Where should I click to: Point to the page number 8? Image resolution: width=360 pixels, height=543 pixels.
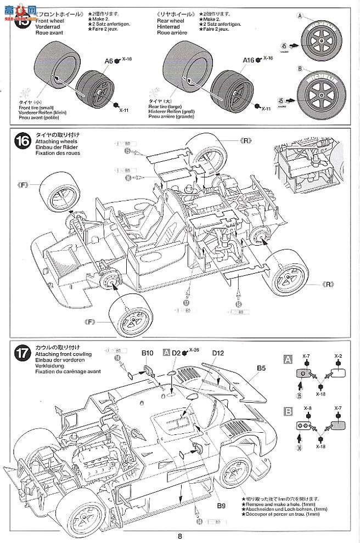(180, 536)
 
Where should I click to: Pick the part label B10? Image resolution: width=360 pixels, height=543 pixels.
(147, 353)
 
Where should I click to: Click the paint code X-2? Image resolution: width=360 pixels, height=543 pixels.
(339, 355)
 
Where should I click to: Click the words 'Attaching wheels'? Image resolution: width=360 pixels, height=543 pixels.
(54, 142)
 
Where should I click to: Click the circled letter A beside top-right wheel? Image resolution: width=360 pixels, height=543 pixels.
(300, 15)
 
